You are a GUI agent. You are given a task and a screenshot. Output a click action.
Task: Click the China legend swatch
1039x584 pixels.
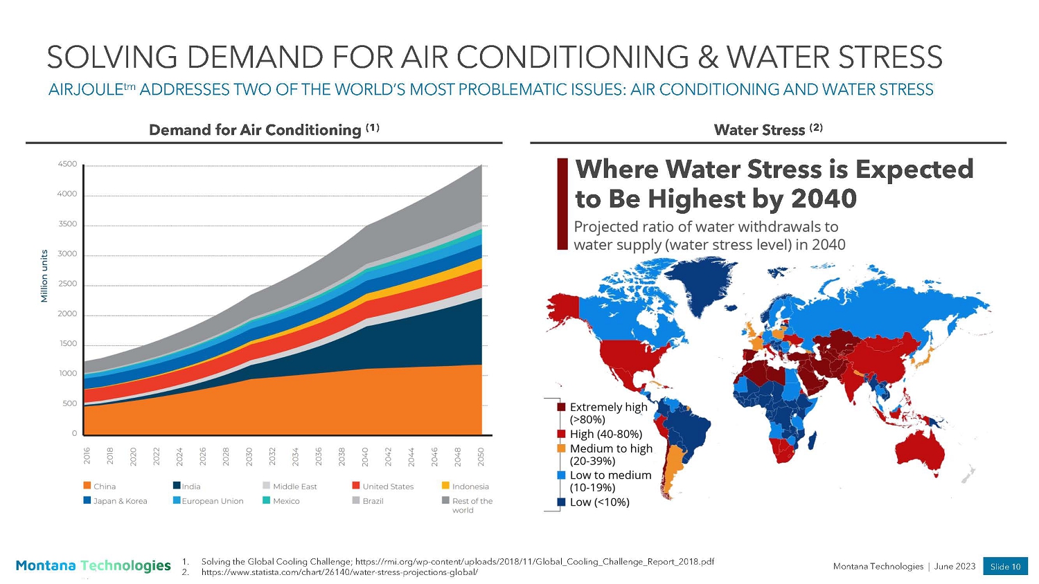coord(87,486)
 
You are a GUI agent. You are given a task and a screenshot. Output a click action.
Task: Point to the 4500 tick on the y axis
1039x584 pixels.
coord(67,165)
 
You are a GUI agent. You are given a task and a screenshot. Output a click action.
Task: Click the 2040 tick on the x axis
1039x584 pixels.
coord(365,456)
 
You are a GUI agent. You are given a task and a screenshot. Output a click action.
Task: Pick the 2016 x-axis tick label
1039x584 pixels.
coord(87,456)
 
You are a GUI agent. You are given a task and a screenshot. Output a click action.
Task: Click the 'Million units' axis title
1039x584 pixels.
coord(44,276)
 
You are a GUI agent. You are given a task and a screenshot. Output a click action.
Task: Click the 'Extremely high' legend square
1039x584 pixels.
coord(562,407)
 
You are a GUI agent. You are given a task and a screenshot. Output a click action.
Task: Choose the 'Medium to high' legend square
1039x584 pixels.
coord(562,448)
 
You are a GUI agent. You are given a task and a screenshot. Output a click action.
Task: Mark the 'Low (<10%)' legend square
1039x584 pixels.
coord(562,502)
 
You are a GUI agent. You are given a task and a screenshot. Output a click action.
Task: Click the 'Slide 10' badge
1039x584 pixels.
coord(1005,566)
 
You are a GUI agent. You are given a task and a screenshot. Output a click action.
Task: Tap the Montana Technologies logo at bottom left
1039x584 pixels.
coord(93,566)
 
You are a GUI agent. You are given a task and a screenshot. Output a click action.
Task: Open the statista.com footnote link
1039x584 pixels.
coord(339,573)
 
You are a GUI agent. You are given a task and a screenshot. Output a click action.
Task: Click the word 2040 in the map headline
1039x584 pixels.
coord(824,199)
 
